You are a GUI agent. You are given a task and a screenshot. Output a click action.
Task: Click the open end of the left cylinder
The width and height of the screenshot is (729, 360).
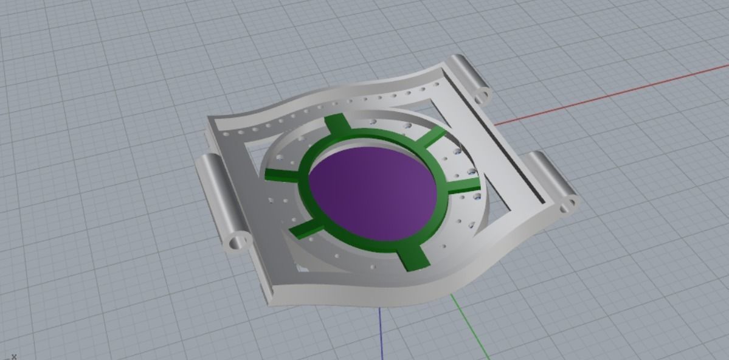(238, 241)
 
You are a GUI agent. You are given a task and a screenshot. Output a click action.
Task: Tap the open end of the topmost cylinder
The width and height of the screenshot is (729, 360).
(482, 95)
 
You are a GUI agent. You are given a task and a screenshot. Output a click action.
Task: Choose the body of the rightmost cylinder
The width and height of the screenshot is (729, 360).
(547, 176)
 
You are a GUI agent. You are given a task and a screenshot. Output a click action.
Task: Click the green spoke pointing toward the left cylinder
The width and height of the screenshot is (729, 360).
(282, 175)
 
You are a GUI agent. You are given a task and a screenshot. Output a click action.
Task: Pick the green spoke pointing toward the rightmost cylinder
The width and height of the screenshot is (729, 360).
(465, 185)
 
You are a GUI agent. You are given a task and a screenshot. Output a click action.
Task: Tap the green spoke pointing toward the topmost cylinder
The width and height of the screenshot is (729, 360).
(433, 137)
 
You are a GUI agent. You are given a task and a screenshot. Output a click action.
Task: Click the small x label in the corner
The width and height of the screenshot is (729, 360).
(13, 356)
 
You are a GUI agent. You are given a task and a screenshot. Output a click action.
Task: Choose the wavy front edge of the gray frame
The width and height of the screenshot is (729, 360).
(365, 297)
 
